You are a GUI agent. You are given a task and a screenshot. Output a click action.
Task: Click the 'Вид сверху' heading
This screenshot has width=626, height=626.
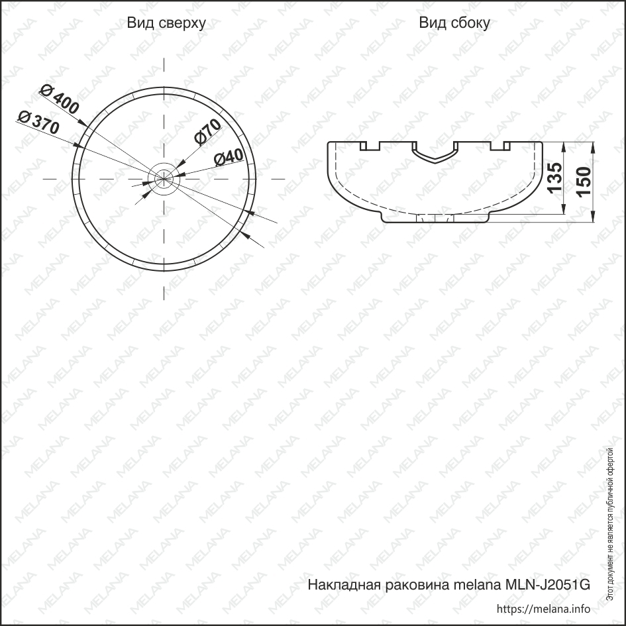click(166, 23)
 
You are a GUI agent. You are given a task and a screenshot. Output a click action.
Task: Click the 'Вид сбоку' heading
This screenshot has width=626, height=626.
click(454, 23)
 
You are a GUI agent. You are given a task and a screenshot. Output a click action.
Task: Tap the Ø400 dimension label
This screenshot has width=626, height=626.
click(60, 99)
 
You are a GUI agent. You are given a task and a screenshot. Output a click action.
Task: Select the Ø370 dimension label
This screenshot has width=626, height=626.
click(39, 123)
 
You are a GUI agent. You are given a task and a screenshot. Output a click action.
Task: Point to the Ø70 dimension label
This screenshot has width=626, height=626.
click(207, 131)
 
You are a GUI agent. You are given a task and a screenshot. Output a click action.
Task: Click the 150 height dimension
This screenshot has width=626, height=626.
click(584, 182)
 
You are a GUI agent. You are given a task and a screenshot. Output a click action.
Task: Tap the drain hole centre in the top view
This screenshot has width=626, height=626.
click(164, 179)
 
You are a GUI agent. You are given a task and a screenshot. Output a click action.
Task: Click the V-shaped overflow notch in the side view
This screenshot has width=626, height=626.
click(435, 155)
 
